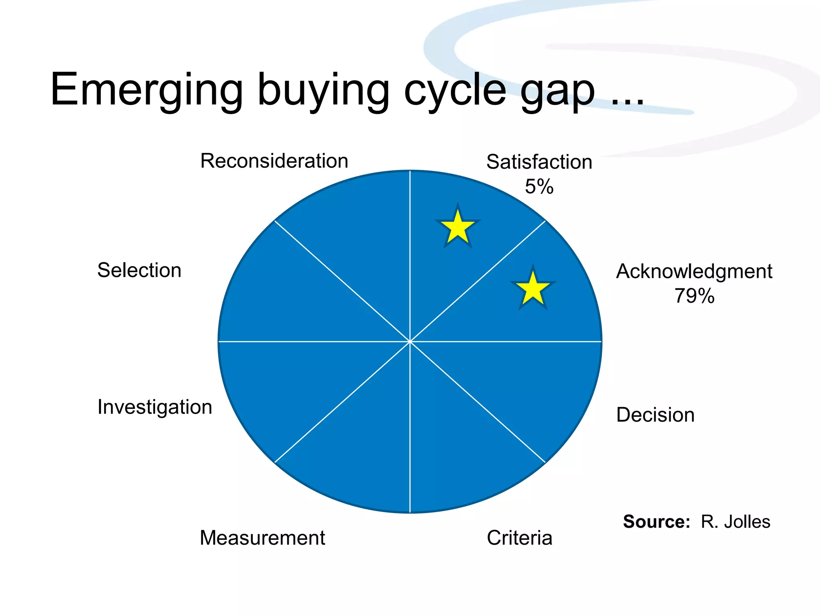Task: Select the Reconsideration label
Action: (x=274, y=161)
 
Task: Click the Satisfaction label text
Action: (x=539, y=162)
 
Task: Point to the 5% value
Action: (x=539, y=187)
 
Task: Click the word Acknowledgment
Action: (x=694, y=271)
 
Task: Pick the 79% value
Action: (x=694, y=296)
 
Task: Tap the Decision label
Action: (x=655, y=415)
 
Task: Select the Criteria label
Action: (x=519, y=538)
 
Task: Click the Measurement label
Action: (x=262, y=538)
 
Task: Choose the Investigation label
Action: (x=155, y=407)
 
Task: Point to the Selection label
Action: (x=139, y=270)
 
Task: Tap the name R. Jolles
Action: (x=735, y=522)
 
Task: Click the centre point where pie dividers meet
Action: (x=410, y=342)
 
